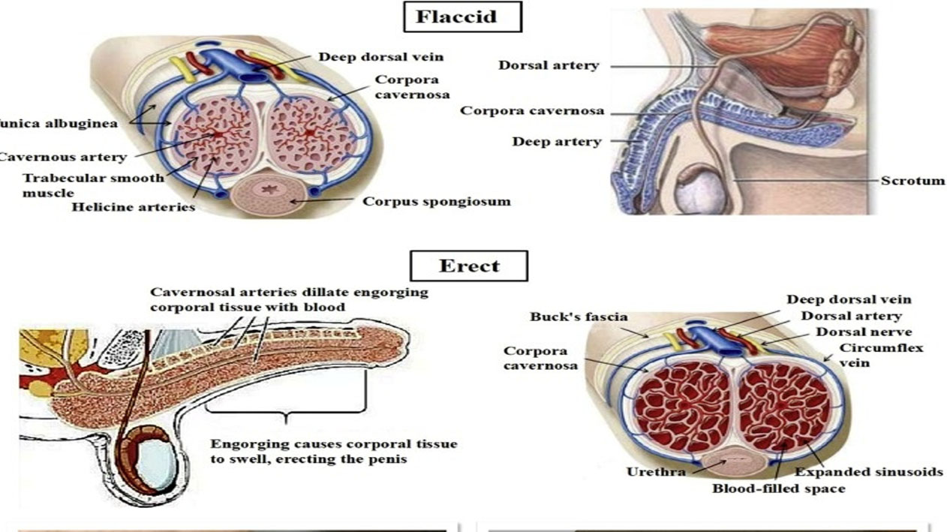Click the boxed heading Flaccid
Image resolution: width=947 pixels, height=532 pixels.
point(461,17)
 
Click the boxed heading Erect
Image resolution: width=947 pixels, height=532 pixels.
point(468,266)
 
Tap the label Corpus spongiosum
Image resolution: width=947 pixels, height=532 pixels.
point(436,201)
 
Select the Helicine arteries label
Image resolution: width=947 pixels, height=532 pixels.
point(133,206)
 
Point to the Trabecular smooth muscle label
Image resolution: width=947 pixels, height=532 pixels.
point(92,185)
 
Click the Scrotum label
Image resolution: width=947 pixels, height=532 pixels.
point(914,181)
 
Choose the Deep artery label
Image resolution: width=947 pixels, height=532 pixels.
point(556,141)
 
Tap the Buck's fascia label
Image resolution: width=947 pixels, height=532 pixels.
point(578,317)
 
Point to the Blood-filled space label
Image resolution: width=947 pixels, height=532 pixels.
point(778,488)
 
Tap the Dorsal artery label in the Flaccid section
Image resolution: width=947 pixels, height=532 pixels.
point(549,65)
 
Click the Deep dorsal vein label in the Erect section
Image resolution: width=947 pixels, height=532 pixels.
point(849,299)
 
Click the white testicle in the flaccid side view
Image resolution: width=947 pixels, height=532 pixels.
point(700,192)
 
